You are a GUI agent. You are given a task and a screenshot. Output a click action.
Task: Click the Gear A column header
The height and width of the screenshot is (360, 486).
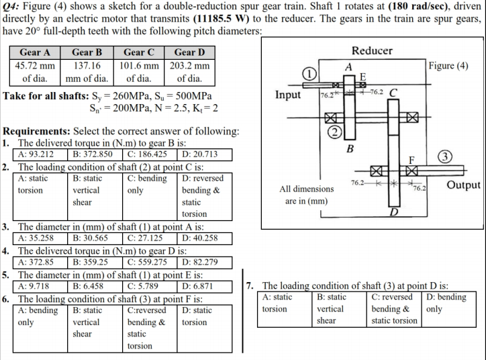pyautogui.click(x=36, y=52)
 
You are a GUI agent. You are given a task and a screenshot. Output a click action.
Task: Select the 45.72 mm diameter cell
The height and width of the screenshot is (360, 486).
pyautogui.click(x=36, y=66)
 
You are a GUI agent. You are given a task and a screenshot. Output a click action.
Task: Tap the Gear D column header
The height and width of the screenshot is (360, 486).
pyautogui.click(x=189, y=52)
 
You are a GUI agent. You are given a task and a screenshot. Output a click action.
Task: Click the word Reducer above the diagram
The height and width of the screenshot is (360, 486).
pyautogui.click(x=371, y=51)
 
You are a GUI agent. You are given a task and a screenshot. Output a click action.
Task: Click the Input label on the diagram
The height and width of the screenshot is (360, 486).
pyautogui.click(x=289, y=95)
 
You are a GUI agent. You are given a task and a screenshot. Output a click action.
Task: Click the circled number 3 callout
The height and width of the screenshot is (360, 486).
pyautogui.click(x=444, y=157)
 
